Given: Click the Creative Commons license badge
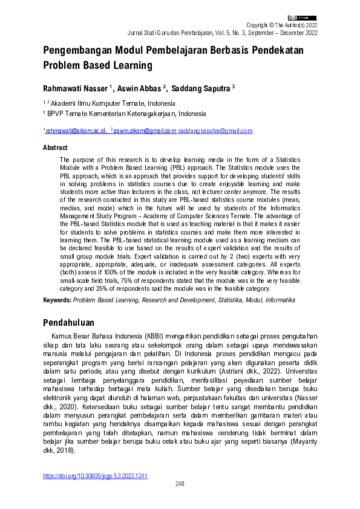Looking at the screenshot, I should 302,18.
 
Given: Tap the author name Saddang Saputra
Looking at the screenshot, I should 200,88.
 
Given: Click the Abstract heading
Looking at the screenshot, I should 55,147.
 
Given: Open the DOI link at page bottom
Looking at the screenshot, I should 95,476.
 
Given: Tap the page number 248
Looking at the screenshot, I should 180,484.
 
